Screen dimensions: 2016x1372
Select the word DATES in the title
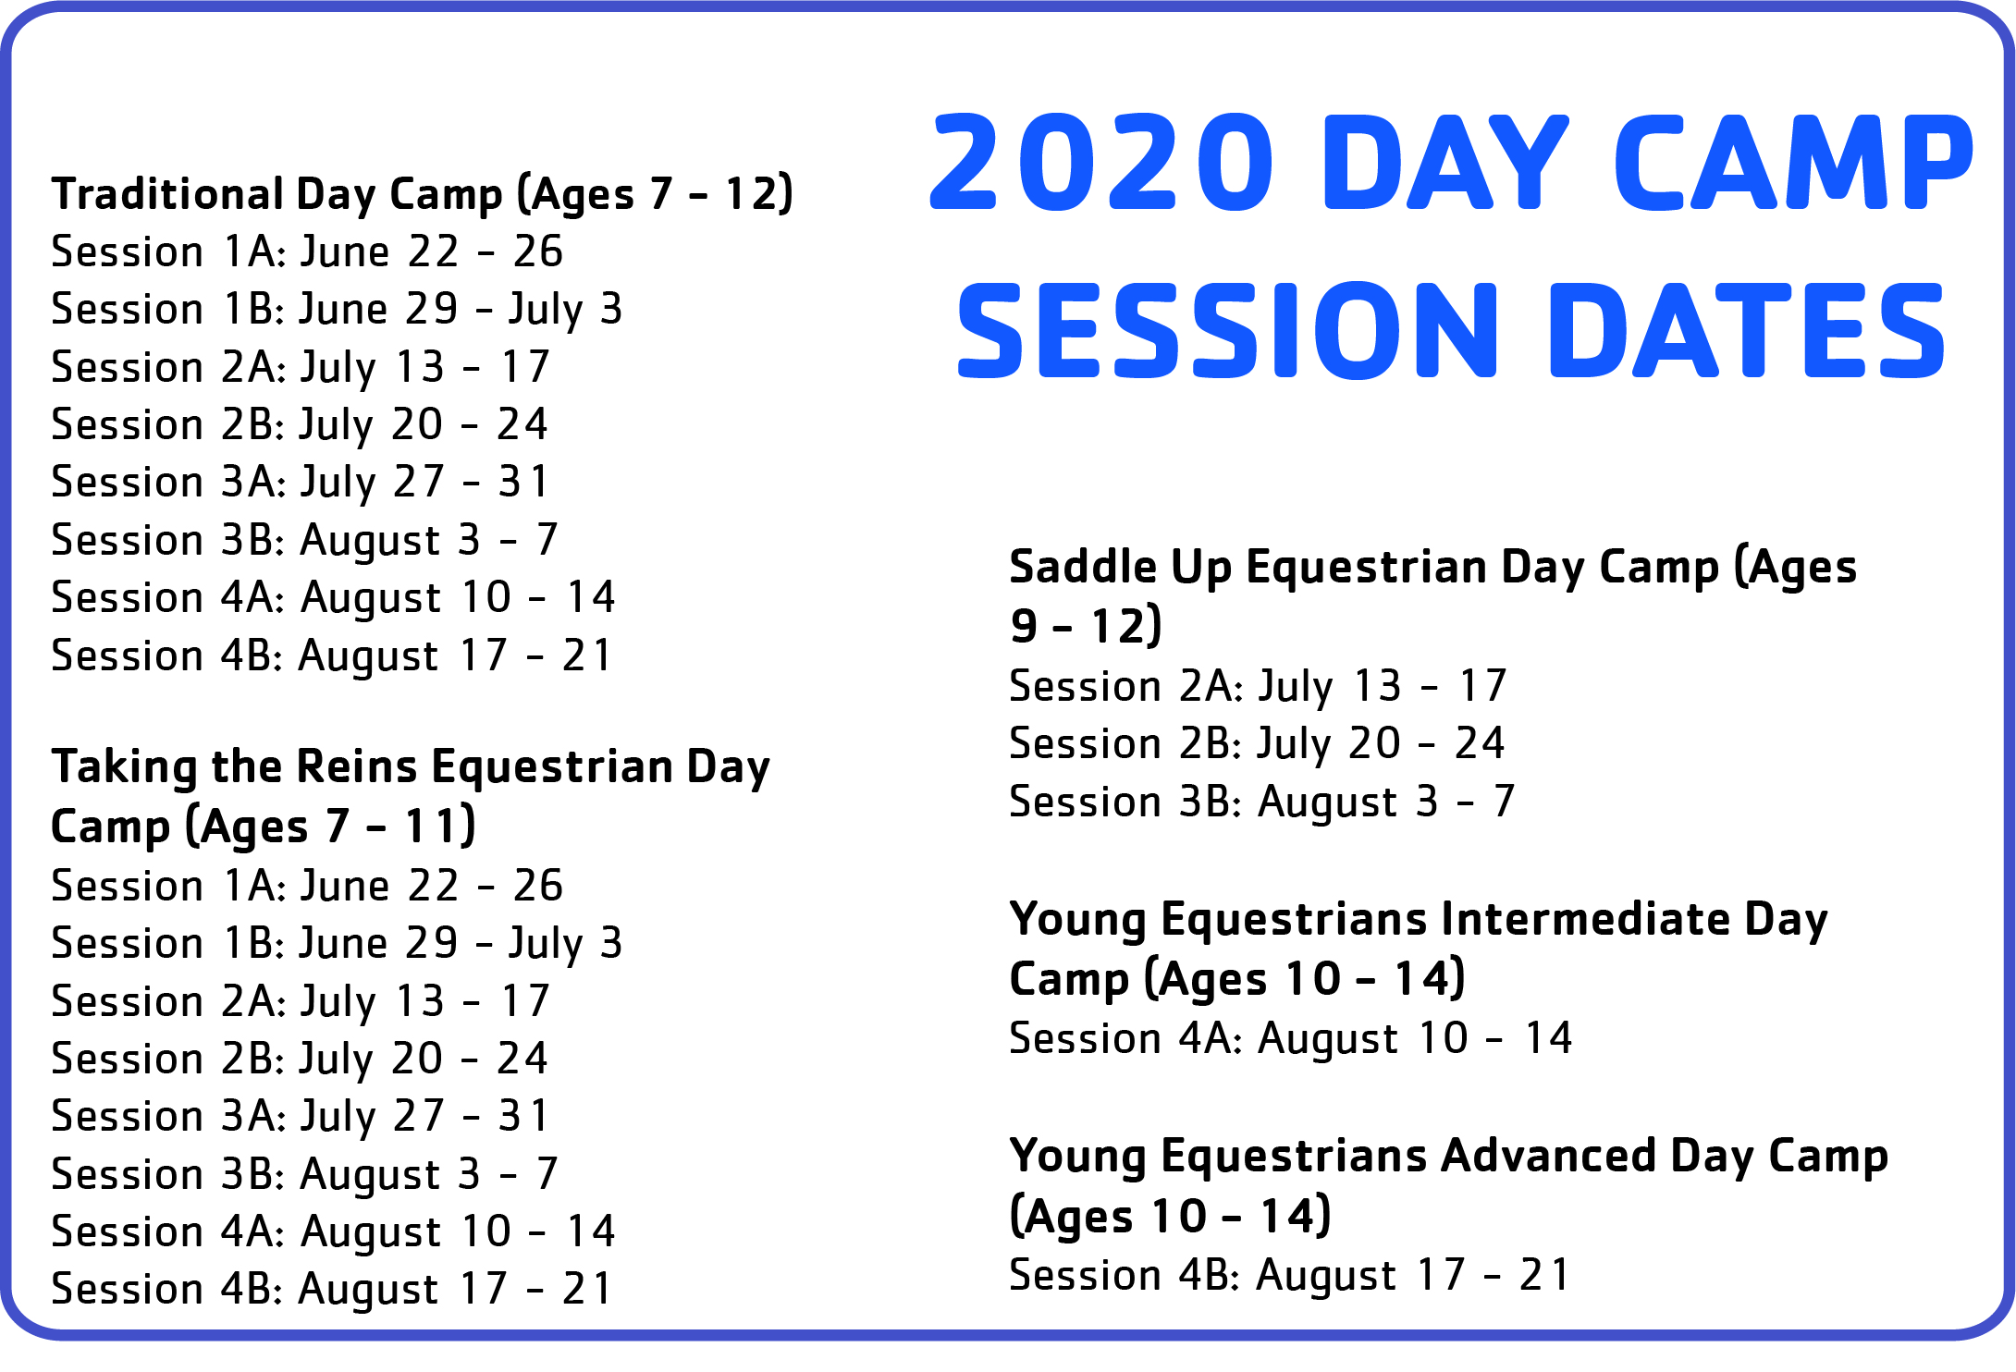click(1747, 330)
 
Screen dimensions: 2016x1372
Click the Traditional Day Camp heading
click(423, 195)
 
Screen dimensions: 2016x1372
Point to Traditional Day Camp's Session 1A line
click(307, 251)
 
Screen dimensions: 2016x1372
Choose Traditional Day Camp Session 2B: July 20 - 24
click(300, 424)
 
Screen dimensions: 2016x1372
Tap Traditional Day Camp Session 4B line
click(332, 655)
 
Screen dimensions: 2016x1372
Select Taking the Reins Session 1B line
click(338, 944)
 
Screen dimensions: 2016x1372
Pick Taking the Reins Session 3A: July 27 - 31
click(301, 1116)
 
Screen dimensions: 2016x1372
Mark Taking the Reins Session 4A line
click(333, 1231)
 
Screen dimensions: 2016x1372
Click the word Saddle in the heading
click(1082, 566)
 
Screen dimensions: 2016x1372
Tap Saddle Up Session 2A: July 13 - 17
click(1259, 686)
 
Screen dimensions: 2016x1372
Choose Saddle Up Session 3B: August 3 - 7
click(1262, 801)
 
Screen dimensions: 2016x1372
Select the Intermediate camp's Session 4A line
click(1291, 1038)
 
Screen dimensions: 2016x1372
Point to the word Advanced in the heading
click(1548, 1156)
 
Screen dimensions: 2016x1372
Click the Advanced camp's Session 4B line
click(1290, 1275)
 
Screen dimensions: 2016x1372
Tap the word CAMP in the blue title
click(1794, 162)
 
